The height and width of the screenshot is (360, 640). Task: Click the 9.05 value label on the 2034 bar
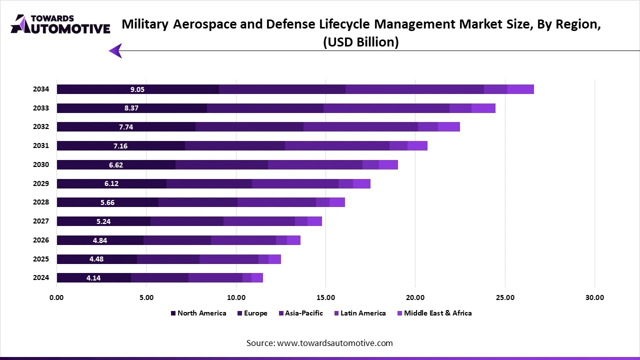tap(137, 89)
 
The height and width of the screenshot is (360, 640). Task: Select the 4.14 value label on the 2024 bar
tap(93, 278)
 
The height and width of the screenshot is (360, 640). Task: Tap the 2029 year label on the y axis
tap(41, 183)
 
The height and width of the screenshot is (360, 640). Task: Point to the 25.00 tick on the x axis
tap(504, 297)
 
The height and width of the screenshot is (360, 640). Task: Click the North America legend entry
tap(198, 313)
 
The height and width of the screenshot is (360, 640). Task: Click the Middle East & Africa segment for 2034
tap(520, 89)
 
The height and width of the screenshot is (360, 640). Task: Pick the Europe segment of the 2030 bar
tap(221, 165)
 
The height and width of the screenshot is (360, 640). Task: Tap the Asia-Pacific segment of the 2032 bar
tap(360, 127)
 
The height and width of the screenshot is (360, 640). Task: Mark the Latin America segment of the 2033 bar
tap(460, 108)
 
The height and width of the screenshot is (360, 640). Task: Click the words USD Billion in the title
tap(361, 42)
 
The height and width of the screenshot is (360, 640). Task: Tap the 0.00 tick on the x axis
tap(56, 297)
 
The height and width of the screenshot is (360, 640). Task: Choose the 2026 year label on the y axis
tap(41, 240)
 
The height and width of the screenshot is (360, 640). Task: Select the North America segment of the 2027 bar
tap(103, 221)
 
